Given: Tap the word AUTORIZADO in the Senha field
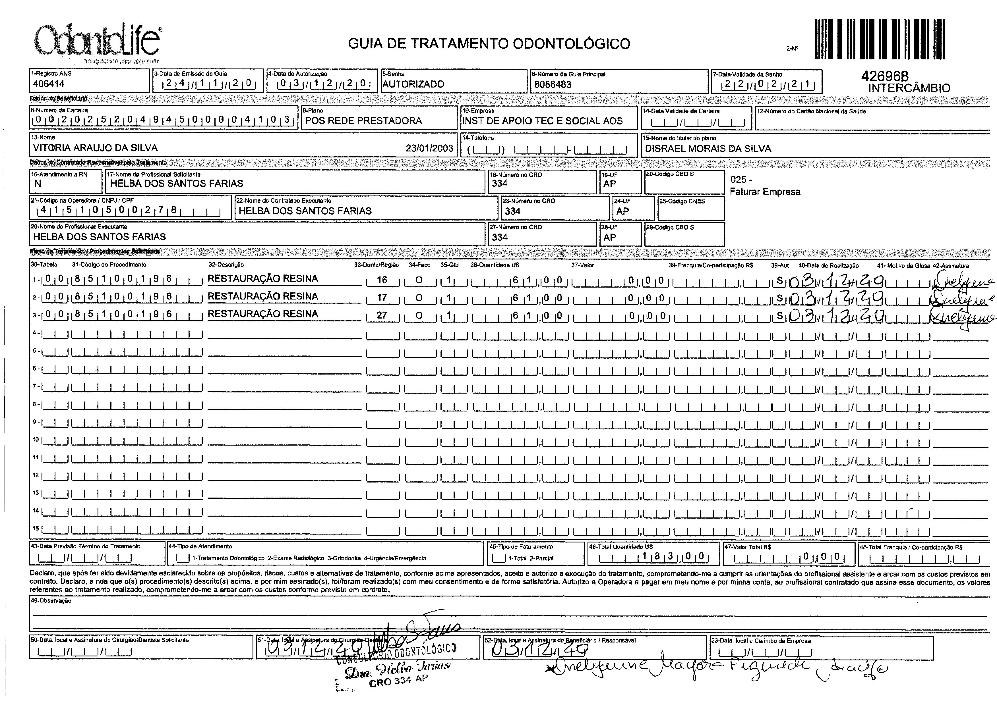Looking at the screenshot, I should click(x=413, y=84).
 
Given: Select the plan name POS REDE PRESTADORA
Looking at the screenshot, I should click(x=364, y=121).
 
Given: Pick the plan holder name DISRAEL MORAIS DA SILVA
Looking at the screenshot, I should click(x=708, y=148).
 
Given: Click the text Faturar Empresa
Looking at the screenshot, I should click(x=765, y=192).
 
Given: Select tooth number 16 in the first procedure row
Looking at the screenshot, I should click(x=382, y=280).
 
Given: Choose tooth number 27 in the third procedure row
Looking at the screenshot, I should click(x=382, y=315).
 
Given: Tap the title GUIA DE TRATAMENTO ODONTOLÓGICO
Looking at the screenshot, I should click(x=489, y=44).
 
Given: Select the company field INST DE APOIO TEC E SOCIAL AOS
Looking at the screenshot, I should click(x=542, y=121).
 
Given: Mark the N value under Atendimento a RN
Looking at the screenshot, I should click(x=38, y=184).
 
